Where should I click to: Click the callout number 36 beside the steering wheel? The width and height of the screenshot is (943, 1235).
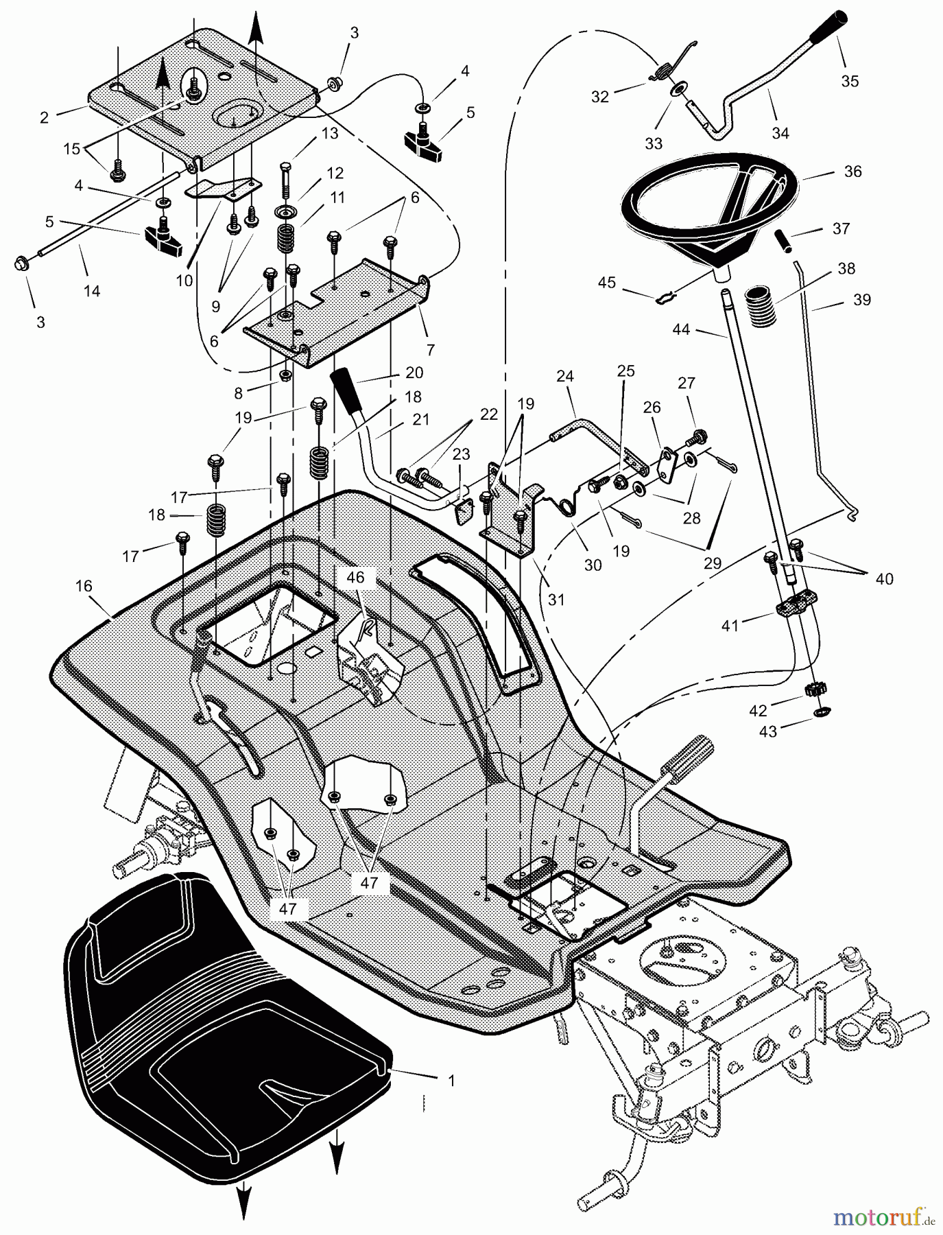(x=852, y=171)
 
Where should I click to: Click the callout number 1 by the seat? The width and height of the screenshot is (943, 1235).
(x=451, y=1081)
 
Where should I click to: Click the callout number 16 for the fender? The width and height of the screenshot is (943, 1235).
(x=84, y=586)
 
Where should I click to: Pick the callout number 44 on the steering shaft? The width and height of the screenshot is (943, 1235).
(x=681, y=330)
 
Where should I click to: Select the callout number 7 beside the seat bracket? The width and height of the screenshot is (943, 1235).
(x=430, y=350)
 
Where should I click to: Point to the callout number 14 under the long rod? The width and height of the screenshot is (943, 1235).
(x=91, y=291)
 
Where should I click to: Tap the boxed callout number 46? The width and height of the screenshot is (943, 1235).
(x=355, y=578)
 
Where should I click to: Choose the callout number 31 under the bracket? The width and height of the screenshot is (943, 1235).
(x=556, y=599)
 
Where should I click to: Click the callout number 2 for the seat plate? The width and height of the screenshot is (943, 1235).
(x=45, y=117)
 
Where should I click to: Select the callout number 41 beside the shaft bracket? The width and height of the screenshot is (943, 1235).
(x=730, y=626)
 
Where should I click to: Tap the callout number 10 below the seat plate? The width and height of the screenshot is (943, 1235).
(x=184, y=281)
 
